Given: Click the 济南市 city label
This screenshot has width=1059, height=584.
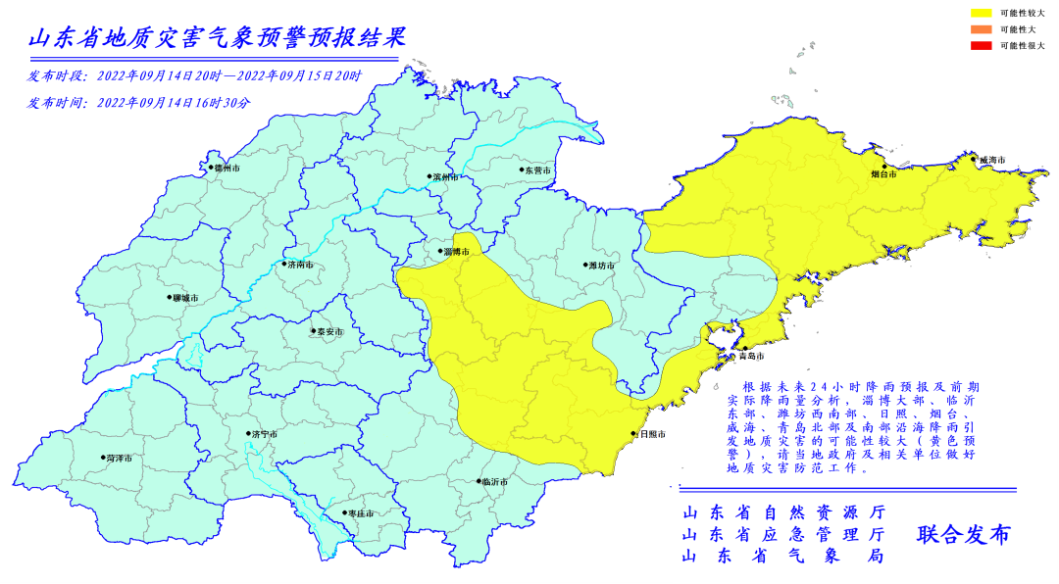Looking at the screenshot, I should coord(299,265).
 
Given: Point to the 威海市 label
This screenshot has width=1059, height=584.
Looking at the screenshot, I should coord(991,160).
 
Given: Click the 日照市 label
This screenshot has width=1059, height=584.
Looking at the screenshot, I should coord(653,434).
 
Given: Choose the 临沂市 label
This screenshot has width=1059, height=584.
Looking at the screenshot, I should coord(494,482).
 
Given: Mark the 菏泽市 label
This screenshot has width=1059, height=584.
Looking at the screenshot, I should coord(119,458).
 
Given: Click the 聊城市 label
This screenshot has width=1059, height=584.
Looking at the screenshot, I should coord(184,298).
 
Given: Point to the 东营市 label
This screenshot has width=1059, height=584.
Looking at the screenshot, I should coord(536,170).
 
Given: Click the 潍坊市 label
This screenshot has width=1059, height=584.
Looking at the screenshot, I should coord(600,266).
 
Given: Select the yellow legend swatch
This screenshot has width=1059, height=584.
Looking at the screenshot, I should coord(981,13).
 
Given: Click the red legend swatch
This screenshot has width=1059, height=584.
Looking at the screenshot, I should coord(981,46).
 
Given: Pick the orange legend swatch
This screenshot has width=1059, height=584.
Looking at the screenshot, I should coord(981,29).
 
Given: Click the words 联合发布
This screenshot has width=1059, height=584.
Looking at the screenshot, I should coord(963,535).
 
